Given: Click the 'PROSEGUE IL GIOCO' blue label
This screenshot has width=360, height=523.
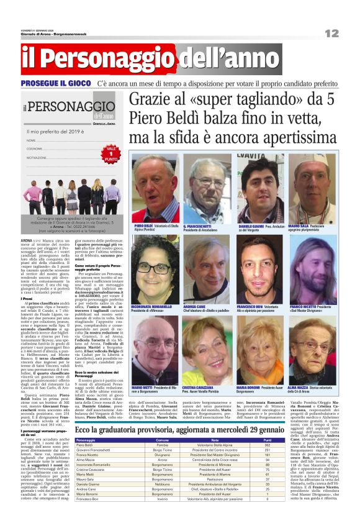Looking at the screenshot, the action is click(56, 83).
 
